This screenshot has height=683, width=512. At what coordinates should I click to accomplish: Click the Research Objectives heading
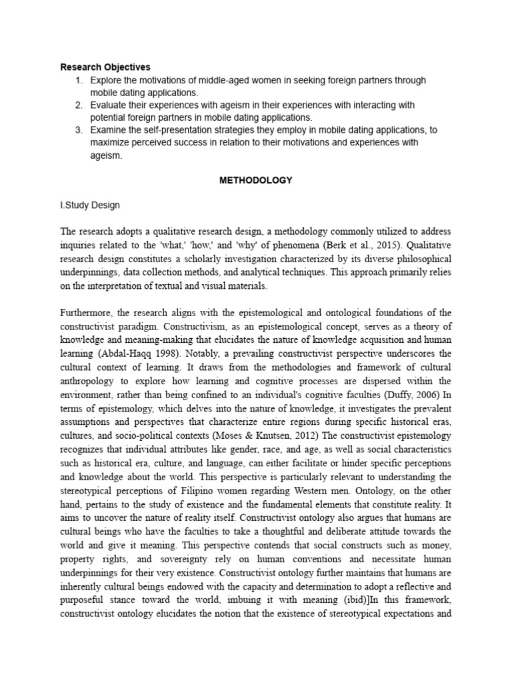coord(105,67)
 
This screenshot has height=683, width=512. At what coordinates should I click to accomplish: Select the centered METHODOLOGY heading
coord(256,180)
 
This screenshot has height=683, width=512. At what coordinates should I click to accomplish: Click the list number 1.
coord(79,80)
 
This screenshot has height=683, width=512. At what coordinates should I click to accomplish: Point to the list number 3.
coord(79,129)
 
